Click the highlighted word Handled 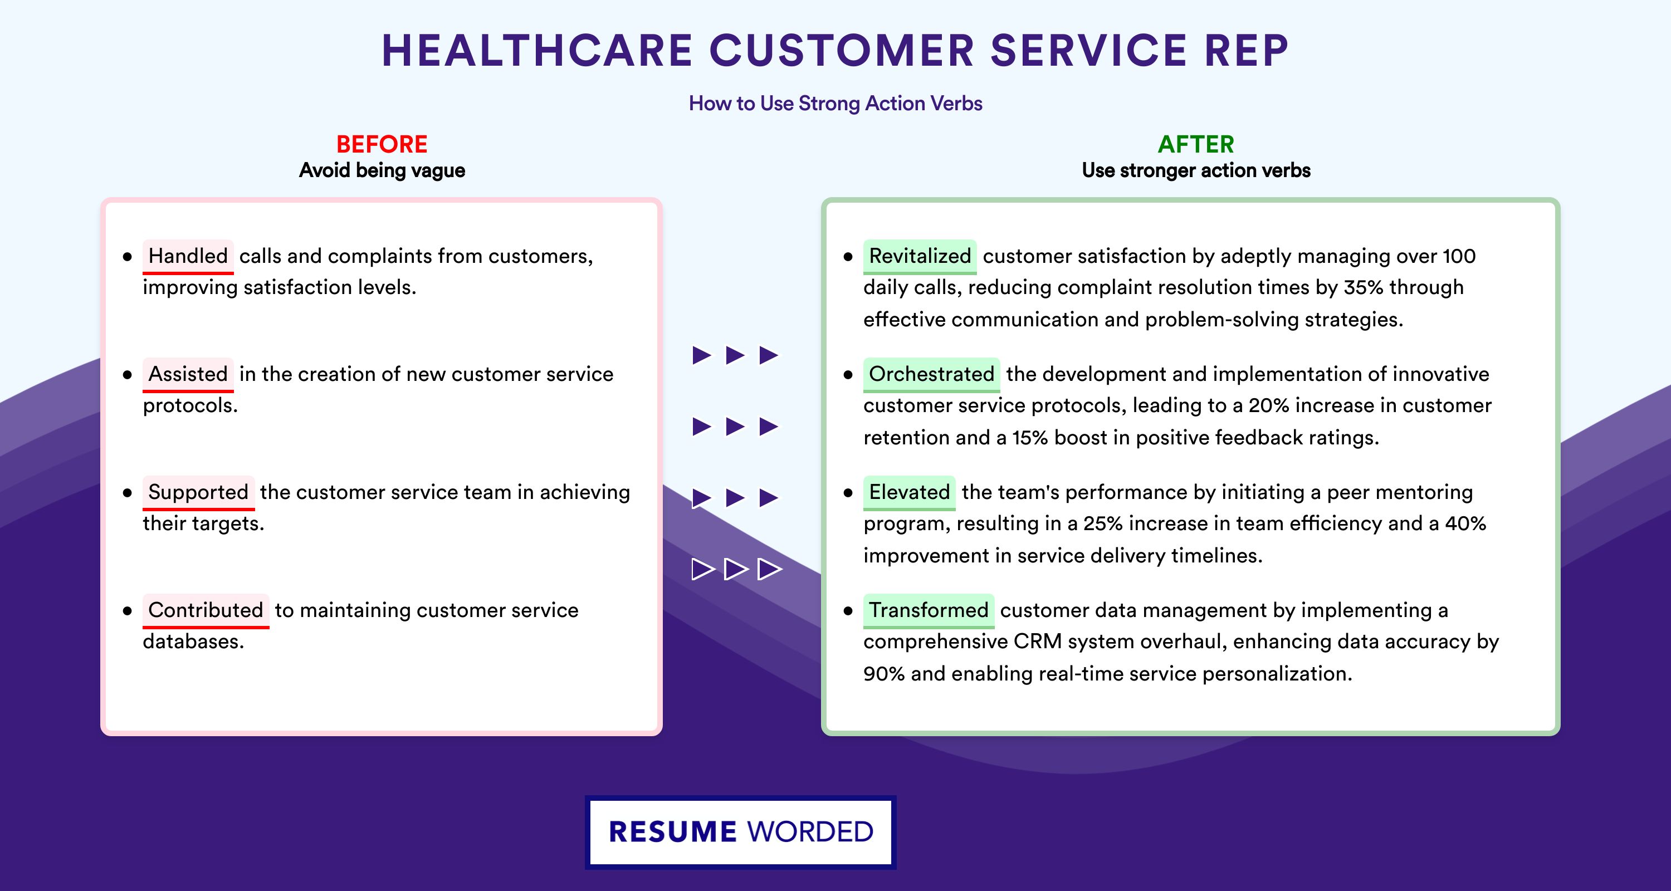[188, 256]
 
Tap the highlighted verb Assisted [188, 374]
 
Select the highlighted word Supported [198, 492]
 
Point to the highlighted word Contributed [206, 610]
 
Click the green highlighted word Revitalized [920, 256]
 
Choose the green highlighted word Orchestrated [931, 374]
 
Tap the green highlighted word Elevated [910, 492]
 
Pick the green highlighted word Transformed [929, 610]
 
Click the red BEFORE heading [382, 144]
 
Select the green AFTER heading [1196, 144]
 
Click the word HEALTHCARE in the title [538, 51]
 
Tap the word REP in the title [1246, 51]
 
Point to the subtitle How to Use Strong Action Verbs [836, 103]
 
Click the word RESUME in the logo [673, 832]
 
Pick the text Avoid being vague [382, 170]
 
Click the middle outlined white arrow [736, 569]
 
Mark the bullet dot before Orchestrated [848, 375]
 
